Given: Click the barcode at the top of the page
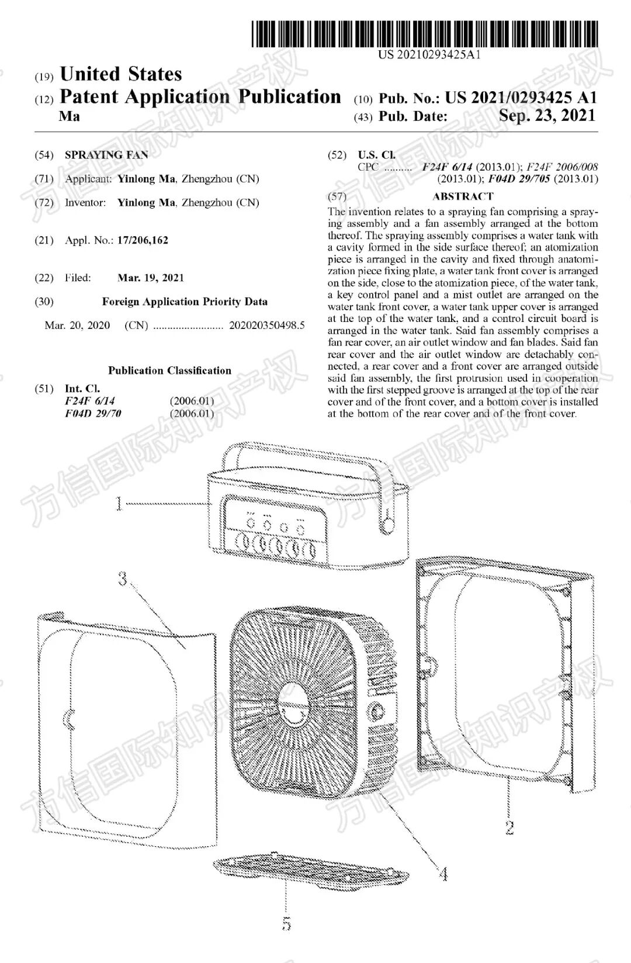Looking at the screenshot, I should [425, 34].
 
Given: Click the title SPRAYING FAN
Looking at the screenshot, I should [106, 155].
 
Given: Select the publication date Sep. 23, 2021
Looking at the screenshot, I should [547, 115].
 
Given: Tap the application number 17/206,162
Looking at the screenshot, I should [143, 240].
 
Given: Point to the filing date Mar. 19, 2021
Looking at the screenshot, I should [151, 278].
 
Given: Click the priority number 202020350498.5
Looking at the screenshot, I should [267, 325].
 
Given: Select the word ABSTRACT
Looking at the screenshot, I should [463, 196].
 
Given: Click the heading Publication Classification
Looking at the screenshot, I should [169, 370].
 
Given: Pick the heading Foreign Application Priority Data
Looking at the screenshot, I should [185, 302].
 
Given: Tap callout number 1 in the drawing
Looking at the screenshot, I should [119, 503].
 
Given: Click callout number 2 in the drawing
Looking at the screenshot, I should [509, 827].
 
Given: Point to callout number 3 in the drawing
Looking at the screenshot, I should [123, 579].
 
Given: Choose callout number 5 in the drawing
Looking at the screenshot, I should [286, 923].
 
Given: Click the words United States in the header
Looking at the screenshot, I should [121, 74].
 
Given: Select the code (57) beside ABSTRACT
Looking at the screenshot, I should [337, 196].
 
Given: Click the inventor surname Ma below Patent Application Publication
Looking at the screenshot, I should [70, 116].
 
